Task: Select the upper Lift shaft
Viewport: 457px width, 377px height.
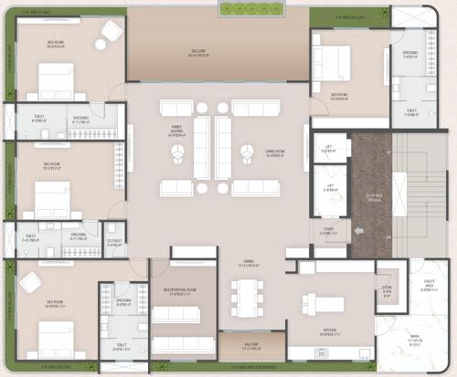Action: [x=329, y=148]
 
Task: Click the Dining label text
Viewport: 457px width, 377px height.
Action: [x=246, y=265]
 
